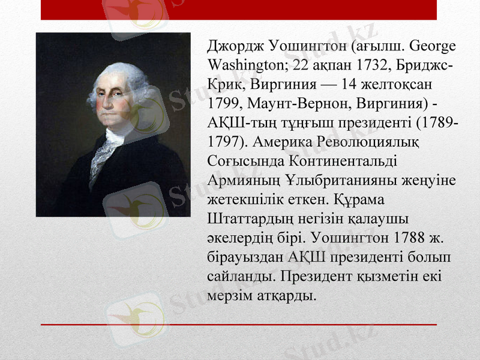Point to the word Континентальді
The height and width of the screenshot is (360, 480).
click(344, 161)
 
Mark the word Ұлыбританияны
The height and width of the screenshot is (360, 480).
click(342, 181)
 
